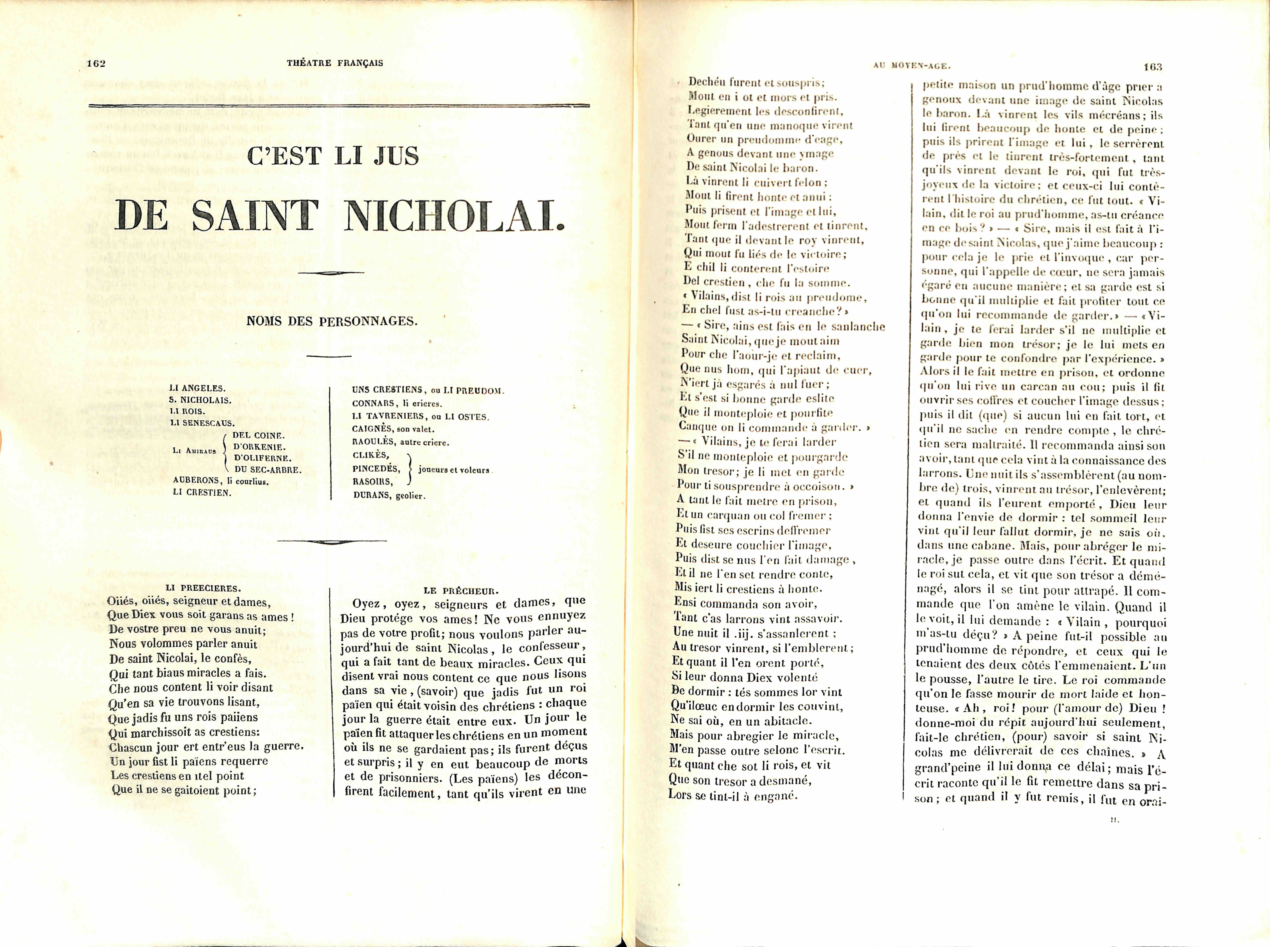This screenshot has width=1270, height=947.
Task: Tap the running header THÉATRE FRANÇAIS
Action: pyautogui.click(x=335, y=63)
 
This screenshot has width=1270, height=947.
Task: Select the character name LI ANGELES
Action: pyautogui.click(x=197, y=388)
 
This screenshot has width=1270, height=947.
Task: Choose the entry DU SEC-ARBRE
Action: pyautogui.click(x=268, y=470)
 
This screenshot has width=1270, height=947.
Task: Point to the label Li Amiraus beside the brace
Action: pyautogui.click(x=194, y=451)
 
